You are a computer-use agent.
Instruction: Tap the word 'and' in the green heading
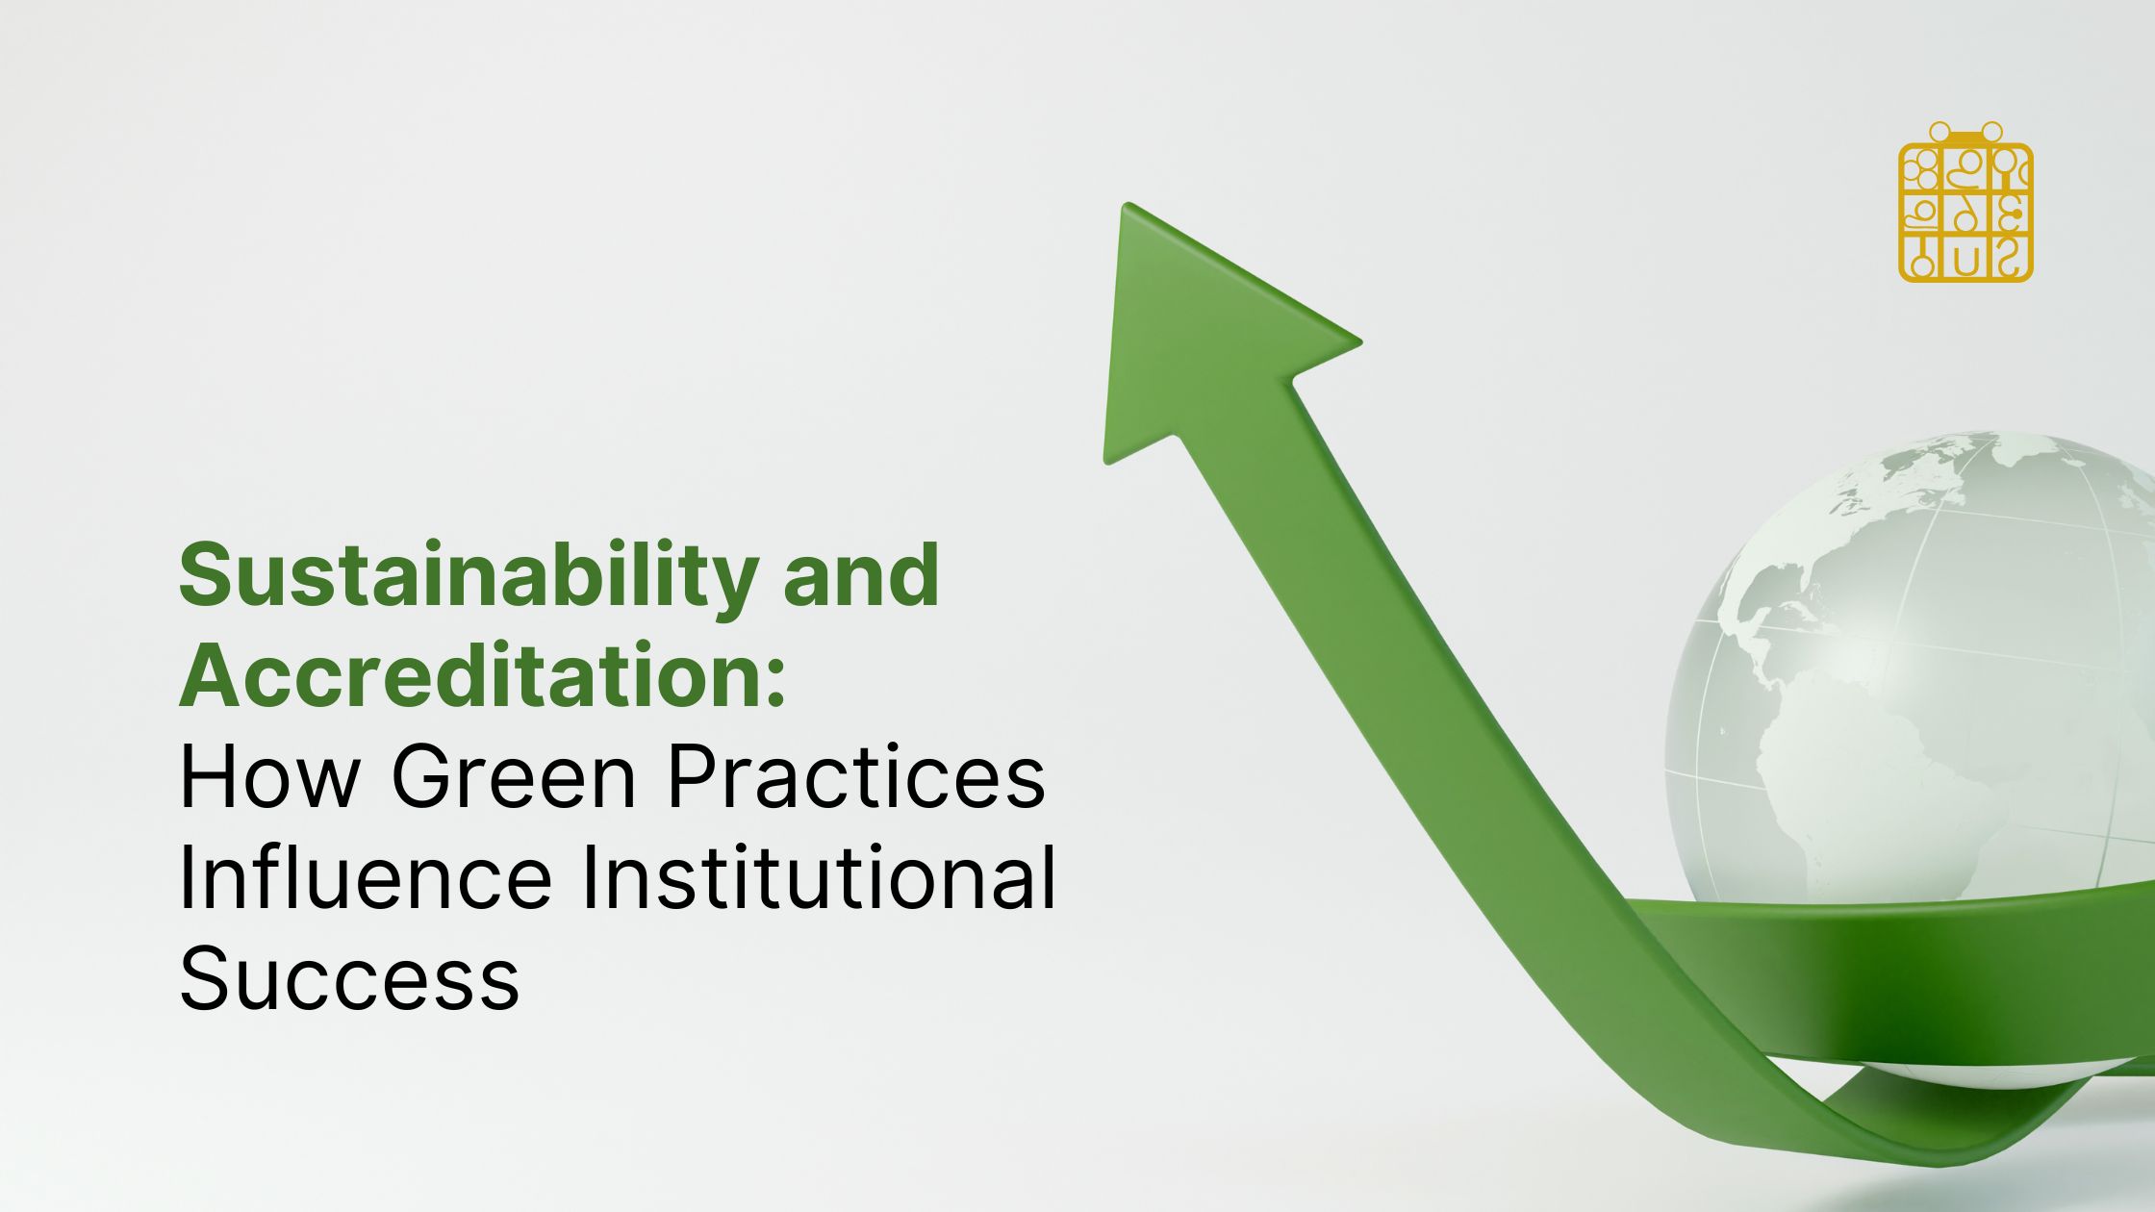[861, 575]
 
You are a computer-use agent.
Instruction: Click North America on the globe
[1780, 596]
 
